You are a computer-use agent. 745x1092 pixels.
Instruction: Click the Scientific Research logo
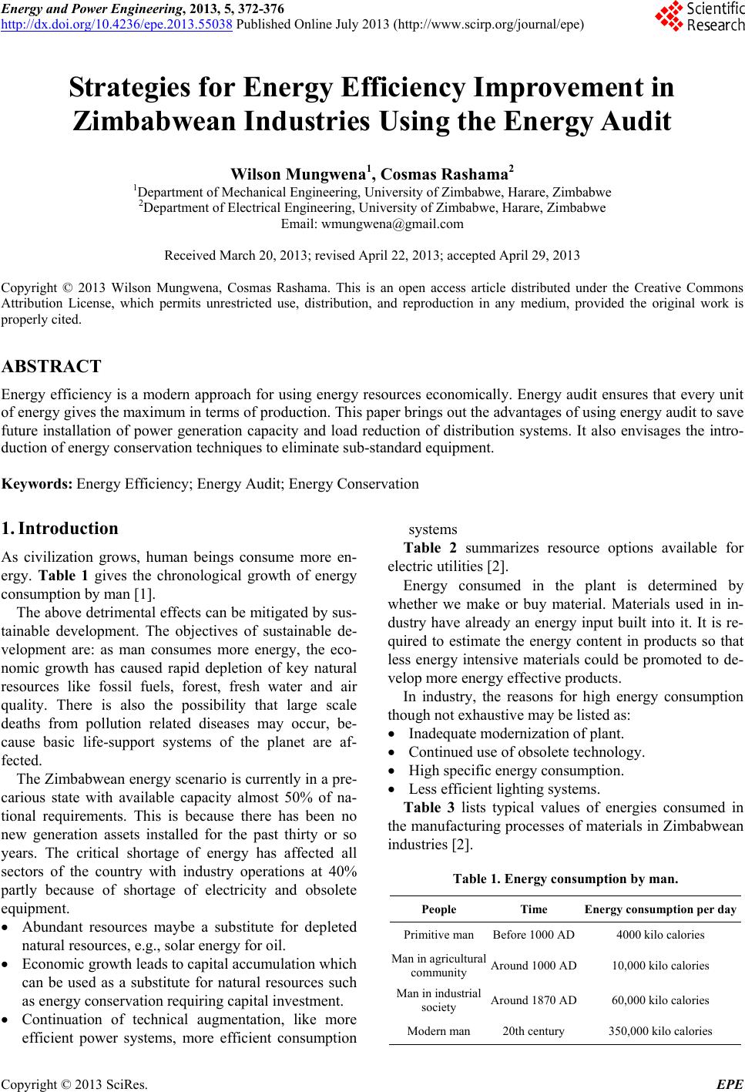point(699,18)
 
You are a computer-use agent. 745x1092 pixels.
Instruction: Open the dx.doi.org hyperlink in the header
point(117,23)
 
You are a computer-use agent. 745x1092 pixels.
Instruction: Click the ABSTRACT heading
point(52,366)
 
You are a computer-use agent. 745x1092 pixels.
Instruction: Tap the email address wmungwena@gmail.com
point(372,224)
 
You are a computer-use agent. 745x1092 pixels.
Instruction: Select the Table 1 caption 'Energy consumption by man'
point(565,879)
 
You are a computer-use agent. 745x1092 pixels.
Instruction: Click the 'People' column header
point(438,909)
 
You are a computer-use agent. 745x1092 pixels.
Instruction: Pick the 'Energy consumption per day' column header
point(660,909)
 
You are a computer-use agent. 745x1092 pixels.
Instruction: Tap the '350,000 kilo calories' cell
point(659,1030)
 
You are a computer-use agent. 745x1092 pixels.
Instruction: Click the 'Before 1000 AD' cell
point(533,935)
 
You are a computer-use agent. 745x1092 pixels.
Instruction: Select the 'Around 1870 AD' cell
point(533,1000)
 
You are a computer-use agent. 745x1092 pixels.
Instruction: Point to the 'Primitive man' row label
point(438,935)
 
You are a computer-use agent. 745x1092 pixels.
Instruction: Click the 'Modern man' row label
point(438,1030)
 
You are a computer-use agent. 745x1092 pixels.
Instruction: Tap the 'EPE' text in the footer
point(730,1085)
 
